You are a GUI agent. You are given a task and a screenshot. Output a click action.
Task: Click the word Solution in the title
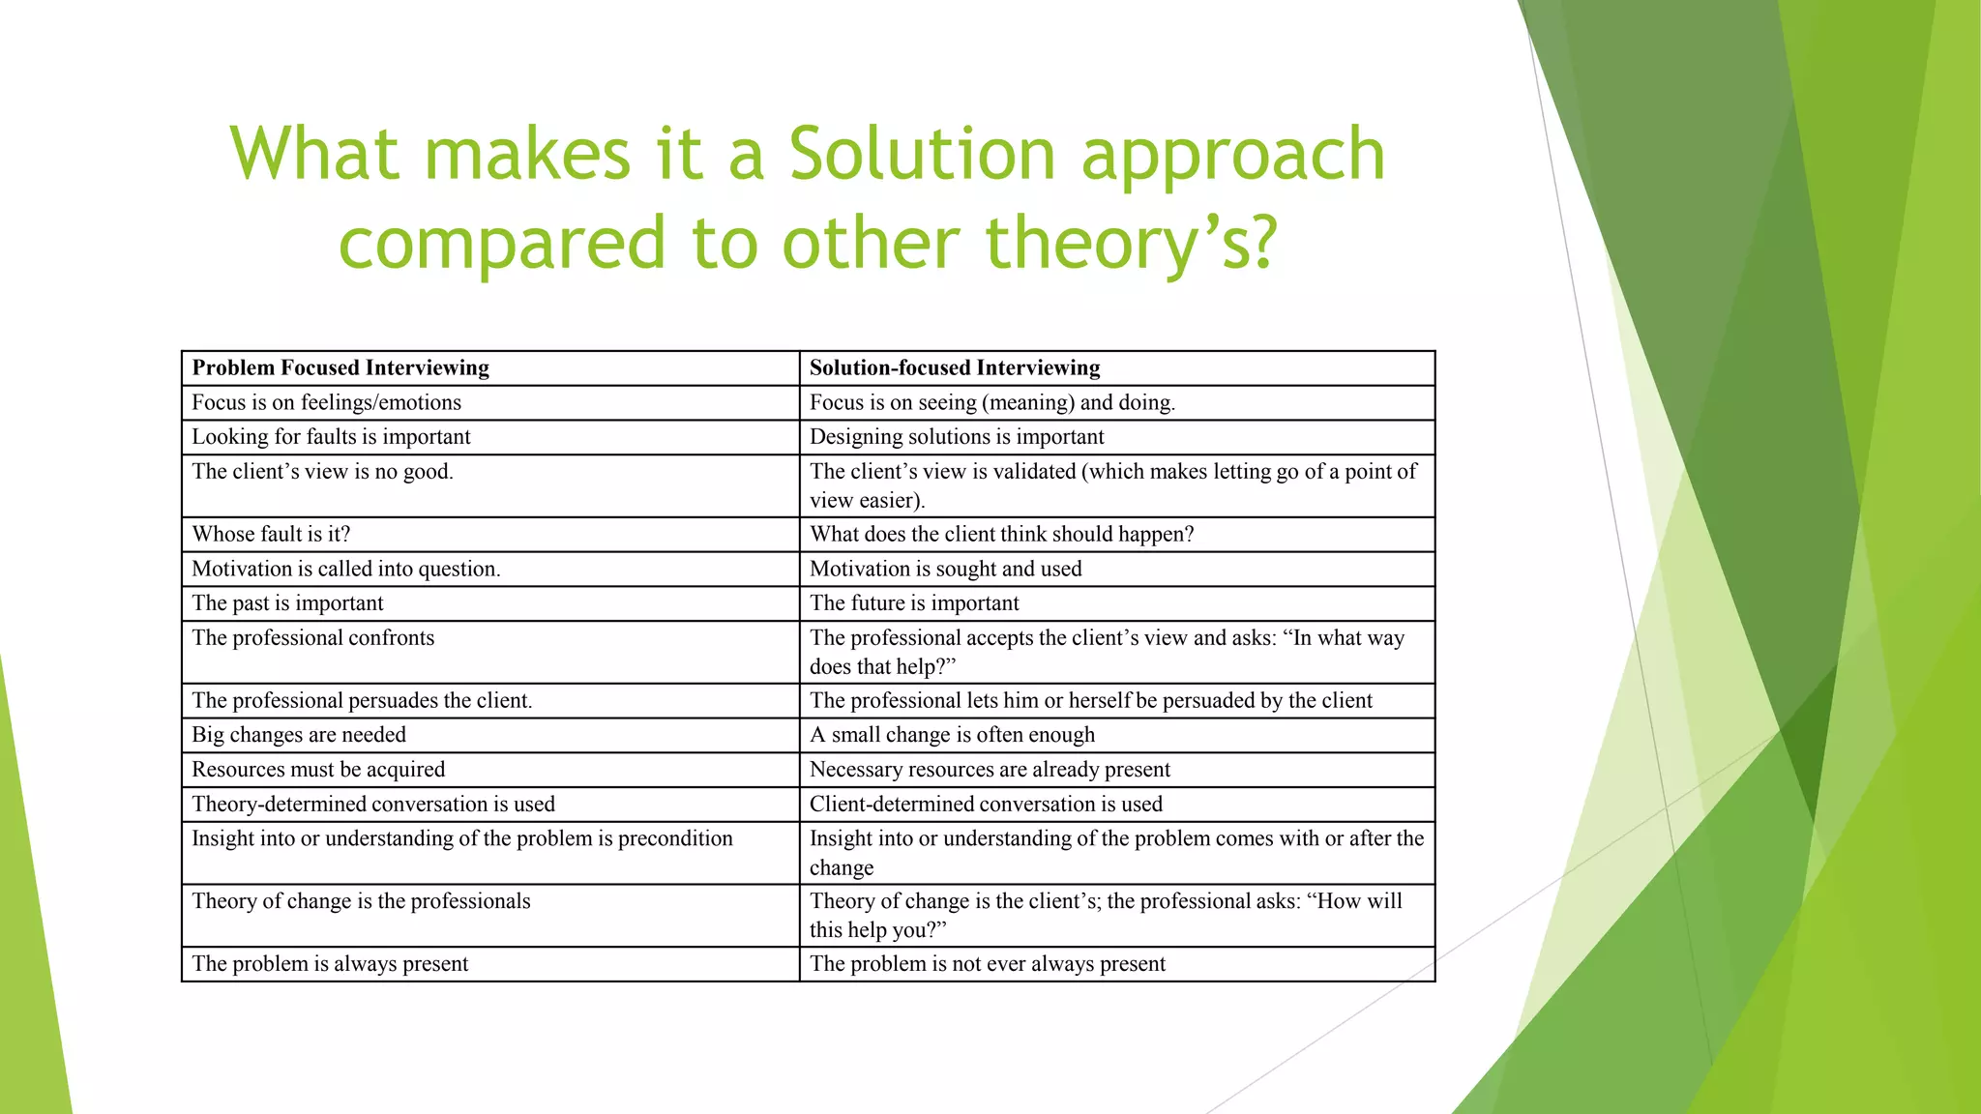click(922, 155)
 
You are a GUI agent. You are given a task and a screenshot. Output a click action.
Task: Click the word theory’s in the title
click(1132, 243)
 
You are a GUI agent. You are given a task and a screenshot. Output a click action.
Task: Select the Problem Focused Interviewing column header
click(340, 368)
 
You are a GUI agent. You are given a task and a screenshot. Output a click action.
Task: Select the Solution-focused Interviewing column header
click(955, 368)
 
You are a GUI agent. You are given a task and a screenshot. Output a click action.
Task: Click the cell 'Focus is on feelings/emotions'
click(326, 403)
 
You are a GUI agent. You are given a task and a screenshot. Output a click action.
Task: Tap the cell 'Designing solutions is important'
click(957, 437)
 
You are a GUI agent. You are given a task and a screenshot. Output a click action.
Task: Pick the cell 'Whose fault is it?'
click(271, 535)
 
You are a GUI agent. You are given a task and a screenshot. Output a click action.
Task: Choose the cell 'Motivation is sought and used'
click(945, 570)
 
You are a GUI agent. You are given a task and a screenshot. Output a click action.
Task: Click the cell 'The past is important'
click(287, 603)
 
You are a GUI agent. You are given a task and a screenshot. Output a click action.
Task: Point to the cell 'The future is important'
click(914, 603)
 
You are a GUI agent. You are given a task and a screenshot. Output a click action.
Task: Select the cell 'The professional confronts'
click(313, 638)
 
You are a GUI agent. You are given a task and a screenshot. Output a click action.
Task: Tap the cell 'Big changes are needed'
click(299, 735)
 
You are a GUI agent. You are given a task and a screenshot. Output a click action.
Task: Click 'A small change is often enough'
click(952, 735)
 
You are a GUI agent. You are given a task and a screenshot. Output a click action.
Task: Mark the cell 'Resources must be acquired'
click(318, 770)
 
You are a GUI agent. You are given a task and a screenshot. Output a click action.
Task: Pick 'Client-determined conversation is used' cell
click(986, 805)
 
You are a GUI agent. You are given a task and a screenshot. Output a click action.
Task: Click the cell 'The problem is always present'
click(330, 964)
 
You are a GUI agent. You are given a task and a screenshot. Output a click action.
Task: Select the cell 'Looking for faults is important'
click(331, 437)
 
